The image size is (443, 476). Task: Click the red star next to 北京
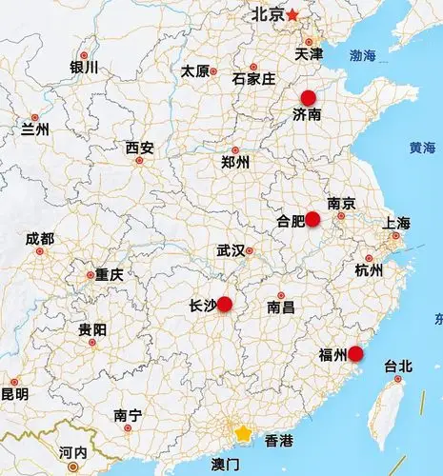[x=292, y=14]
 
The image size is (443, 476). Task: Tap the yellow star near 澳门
[x=244, y=434]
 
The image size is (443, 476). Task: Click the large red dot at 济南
[x=308, y=97]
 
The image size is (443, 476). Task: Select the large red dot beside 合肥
[x=312, y=219]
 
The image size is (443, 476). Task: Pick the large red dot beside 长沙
[x=225, y=305]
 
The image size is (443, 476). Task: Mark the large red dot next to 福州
[x=355, y=354]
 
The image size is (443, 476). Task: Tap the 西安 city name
[x=139, y=148]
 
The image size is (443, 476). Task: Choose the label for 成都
[x=40, y=238]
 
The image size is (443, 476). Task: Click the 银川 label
[x=84, y=68]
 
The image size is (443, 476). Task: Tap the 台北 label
[x=397, y=366]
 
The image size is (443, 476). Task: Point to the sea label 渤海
[x=363, y=56]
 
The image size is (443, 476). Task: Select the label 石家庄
[x=253, y=78]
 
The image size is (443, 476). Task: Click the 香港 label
[x=279, y=441]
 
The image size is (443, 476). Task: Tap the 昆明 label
[x=13, y=393]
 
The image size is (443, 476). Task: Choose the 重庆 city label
[x=109, y=274]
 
